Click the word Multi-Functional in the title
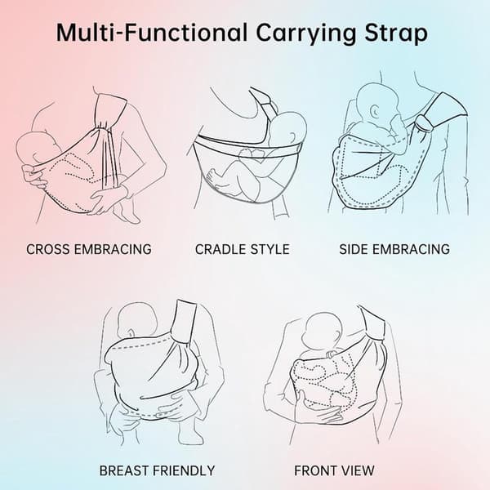(152, 33)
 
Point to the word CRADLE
(216, 249)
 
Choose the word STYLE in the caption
(266, 249)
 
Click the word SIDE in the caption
(353, 249)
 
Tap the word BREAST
(124, 470)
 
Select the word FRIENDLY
(185, 470)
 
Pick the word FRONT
(315, 470)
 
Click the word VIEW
(358, 470)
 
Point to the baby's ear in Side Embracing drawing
(375, 111)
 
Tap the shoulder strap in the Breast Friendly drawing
(184, 321)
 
